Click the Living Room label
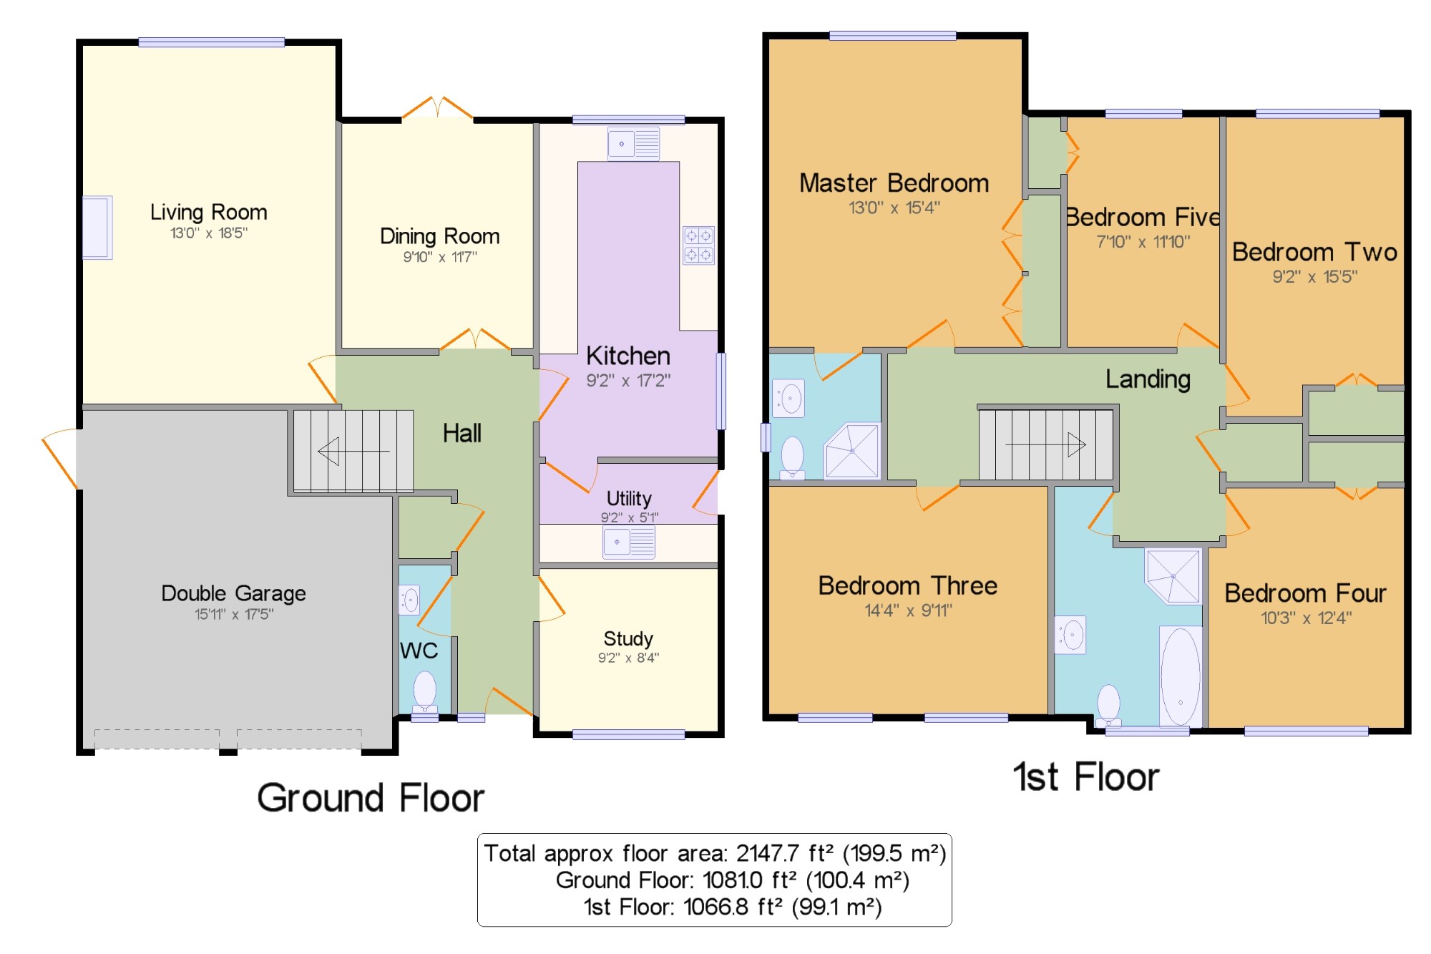(208, 212)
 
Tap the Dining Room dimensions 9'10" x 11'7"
(440, 256)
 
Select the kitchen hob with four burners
(698, 245)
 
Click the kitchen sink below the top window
(633, 143)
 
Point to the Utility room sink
(629, 542)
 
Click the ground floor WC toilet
(425, 691)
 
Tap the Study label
(628, 638)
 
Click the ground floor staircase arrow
(353, 451)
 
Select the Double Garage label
(233, 593)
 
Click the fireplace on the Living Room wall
(97, 227)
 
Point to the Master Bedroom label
(894, 182)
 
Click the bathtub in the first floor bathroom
(1181, 676)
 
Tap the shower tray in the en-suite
(851, 451)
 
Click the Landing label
(1148, 379)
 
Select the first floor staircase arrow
(1045, 444)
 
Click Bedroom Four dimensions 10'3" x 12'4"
(1306, 618)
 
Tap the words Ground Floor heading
(371, 797)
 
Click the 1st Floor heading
(1086, 777)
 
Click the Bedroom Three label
(908, 585)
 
